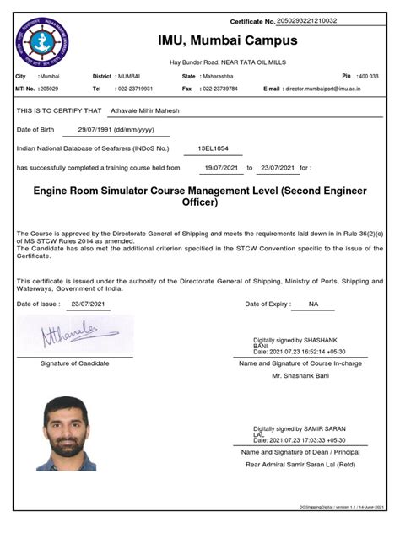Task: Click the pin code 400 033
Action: [368, 76]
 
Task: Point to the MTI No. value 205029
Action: [49, 88]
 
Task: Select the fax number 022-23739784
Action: [219, 88]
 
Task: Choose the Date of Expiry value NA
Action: [314, 303]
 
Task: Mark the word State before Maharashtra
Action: [189, 76]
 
